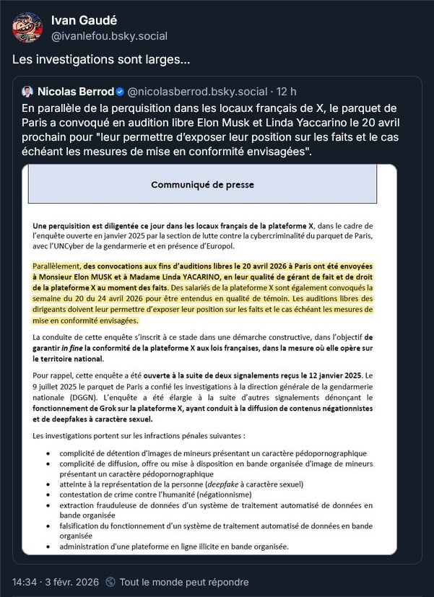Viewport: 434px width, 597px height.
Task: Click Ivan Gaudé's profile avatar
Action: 27,27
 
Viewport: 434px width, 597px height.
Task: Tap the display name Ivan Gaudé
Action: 83,20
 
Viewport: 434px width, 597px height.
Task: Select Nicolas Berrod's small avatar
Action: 27,92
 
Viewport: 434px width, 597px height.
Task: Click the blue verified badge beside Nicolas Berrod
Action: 119,92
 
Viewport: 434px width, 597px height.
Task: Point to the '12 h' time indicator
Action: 287,92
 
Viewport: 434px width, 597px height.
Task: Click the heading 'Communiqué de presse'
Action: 202,185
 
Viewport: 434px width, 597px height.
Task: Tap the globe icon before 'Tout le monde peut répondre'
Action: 110,582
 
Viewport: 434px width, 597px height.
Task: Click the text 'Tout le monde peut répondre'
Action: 184,582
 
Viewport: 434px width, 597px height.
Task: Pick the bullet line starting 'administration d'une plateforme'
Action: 173,546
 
